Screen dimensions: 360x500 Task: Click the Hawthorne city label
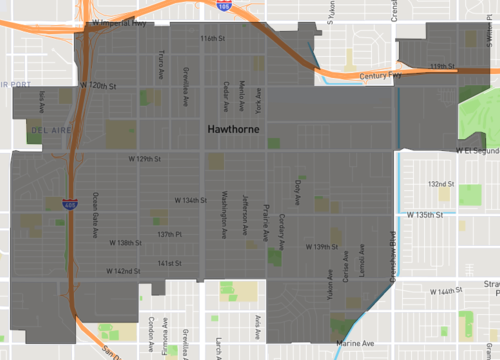pos(236,130)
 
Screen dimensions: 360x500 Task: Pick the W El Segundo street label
pos(476,150)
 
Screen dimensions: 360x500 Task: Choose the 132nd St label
pos(440,184)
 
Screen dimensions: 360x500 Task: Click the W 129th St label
pos(145,159)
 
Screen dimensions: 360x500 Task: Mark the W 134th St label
pos(187,200)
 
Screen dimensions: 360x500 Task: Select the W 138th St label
pos(125,243)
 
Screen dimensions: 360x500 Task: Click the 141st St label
pos(168,264)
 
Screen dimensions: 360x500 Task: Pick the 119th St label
pos(443,66)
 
